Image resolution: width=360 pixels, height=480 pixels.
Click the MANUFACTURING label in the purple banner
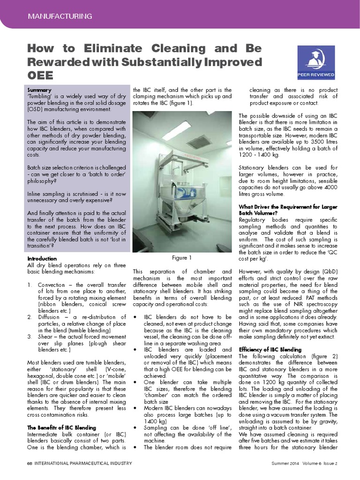(60, 16)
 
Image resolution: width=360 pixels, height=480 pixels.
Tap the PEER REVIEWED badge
(316, 63)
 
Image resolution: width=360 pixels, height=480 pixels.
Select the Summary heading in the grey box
(39, 90)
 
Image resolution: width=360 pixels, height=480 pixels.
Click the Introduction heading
(42, 258)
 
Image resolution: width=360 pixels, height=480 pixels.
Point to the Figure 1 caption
(182, 258)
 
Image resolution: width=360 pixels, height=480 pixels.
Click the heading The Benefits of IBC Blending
(61, 427)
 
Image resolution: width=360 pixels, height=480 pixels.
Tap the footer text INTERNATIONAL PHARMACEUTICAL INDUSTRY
(82, 464)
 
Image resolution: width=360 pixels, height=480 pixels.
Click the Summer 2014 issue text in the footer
(286, 464)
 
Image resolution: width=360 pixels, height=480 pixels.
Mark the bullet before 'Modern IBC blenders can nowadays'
(135, 409)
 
